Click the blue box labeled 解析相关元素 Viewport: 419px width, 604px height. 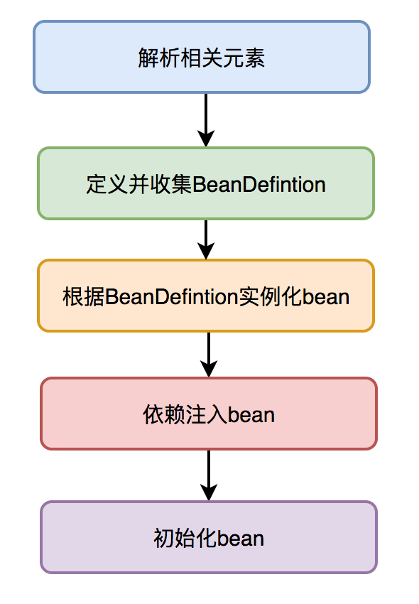(202, 57)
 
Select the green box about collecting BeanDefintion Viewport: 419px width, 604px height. (206, 183)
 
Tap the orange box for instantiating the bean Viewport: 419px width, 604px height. (206, 296)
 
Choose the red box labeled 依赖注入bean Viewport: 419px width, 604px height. (209, 414)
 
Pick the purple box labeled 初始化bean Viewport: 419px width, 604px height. (209, 537)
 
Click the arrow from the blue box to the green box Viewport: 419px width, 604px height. (206, 120)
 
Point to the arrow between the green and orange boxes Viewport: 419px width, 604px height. (206, 239)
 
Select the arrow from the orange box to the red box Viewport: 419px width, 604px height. (209, 355)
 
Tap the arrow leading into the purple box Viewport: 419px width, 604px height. (209, 475)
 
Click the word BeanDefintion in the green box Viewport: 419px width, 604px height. (259, 184)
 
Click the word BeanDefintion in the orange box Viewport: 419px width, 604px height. (171, 297)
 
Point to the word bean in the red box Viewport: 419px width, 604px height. (251, 415)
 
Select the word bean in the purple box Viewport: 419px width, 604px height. (241, 539)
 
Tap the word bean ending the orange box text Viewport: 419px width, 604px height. (326, 297)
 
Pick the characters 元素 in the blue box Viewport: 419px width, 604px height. (244, 58)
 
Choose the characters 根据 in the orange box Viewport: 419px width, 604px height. (84, 297)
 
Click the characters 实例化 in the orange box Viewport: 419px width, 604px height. (271, 297)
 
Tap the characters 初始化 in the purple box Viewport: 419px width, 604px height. (185, 539)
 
